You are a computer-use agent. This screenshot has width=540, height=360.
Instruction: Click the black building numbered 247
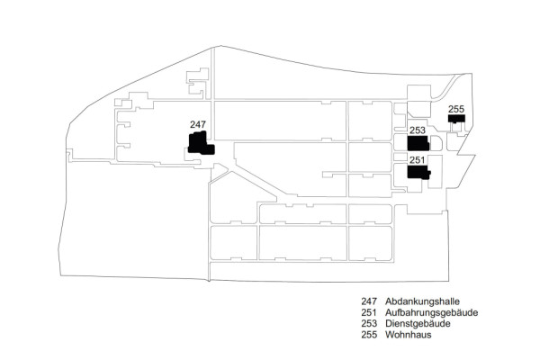coord(201,144)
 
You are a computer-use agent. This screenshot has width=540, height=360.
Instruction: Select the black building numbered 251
coord(418,172)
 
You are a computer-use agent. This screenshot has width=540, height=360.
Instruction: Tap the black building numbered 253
coord(418,143)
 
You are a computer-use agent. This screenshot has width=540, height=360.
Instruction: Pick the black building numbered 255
coord(456,119)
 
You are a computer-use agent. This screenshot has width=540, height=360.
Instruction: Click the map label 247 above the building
coord(198,124)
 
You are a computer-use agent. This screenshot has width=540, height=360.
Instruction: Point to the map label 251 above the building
coord(417,160)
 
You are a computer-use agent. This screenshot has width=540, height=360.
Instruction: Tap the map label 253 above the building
coord(418,130)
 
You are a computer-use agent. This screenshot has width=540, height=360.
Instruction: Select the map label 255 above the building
coord(456,109)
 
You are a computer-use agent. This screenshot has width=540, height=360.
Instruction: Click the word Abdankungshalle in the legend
coord(422,301)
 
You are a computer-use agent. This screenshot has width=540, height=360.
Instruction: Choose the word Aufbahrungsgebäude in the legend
coord(431,313)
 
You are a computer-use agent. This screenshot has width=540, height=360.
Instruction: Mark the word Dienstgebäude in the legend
coord(418,324)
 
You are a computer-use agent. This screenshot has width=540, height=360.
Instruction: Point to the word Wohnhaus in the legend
coord(408,335)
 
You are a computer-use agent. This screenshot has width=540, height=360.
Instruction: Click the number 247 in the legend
coord(369,301)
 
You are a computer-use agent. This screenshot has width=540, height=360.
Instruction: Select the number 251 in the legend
coord(369,313)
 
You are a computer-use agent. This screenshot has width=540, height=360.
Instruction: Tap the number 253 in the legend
coord(369,324)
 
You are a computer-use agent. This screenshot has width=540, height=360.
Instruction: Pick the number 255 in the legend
coord(369,335)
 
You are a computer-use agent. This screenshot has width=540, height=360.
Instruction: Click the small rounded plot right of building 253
coord(436,143)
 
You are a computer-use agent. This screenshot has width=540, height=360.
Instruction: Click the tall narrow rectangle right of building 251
coord(435,172)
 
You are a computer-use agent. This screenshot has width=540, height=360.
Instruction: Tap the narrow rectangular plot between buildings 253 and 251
coord(400,157)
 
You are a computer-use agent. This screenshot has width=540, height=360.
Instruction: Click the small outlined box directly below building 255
coord(456,128)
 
